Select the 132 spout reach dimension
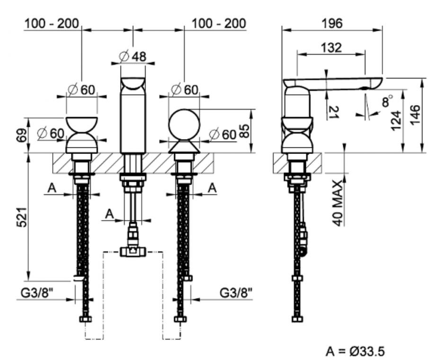click(331, 47)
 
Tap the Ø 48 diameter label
click(133, 56)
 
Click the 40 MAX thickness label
click(337, 203)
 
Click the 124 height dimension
click(396, 120)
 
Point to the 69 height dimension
click(20, 135)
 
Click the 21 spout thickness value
click(333, 112)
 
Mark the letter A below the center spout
click(109, 214)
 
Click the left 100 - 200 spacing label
click(52, 23)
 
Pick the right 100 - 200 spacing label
click(218, 23)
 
